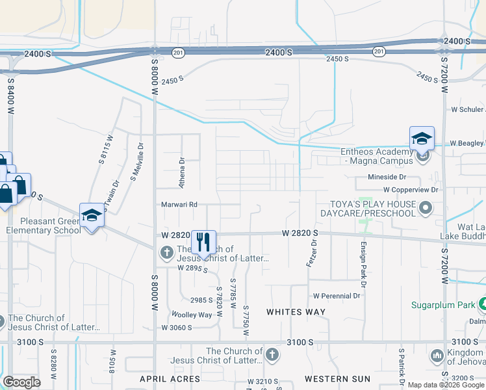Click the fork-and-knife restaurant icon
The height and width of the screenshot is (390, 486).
tap(203, 242)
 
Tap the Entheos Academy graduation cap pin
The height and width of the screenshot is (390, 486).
tap(421, 138)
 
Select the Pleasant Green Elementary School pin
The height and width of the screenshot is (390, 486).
tap(92, 215)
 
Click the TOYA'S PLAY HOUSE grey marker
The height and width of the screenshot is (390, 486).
tap(426, 208)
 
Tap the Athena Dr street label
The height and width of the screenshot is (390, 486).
tap(182, 172)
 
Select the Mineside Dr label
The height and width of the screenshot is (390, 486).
tap(387, 177)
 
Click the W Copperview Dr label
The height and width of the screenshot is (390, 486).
tap(411, 190)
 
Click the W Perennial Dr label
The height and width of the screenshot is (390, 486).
tap(337, 296)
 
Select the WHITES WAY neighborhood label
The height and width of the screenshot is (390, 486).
tap(296, 312)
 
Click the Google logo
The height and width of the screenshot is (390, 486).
tap(21, 382)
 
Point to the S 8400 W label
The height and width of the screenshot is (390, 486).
tap(11, 97)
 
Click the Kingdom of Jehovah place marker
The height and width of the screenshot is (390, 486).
tap(436, 356)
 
